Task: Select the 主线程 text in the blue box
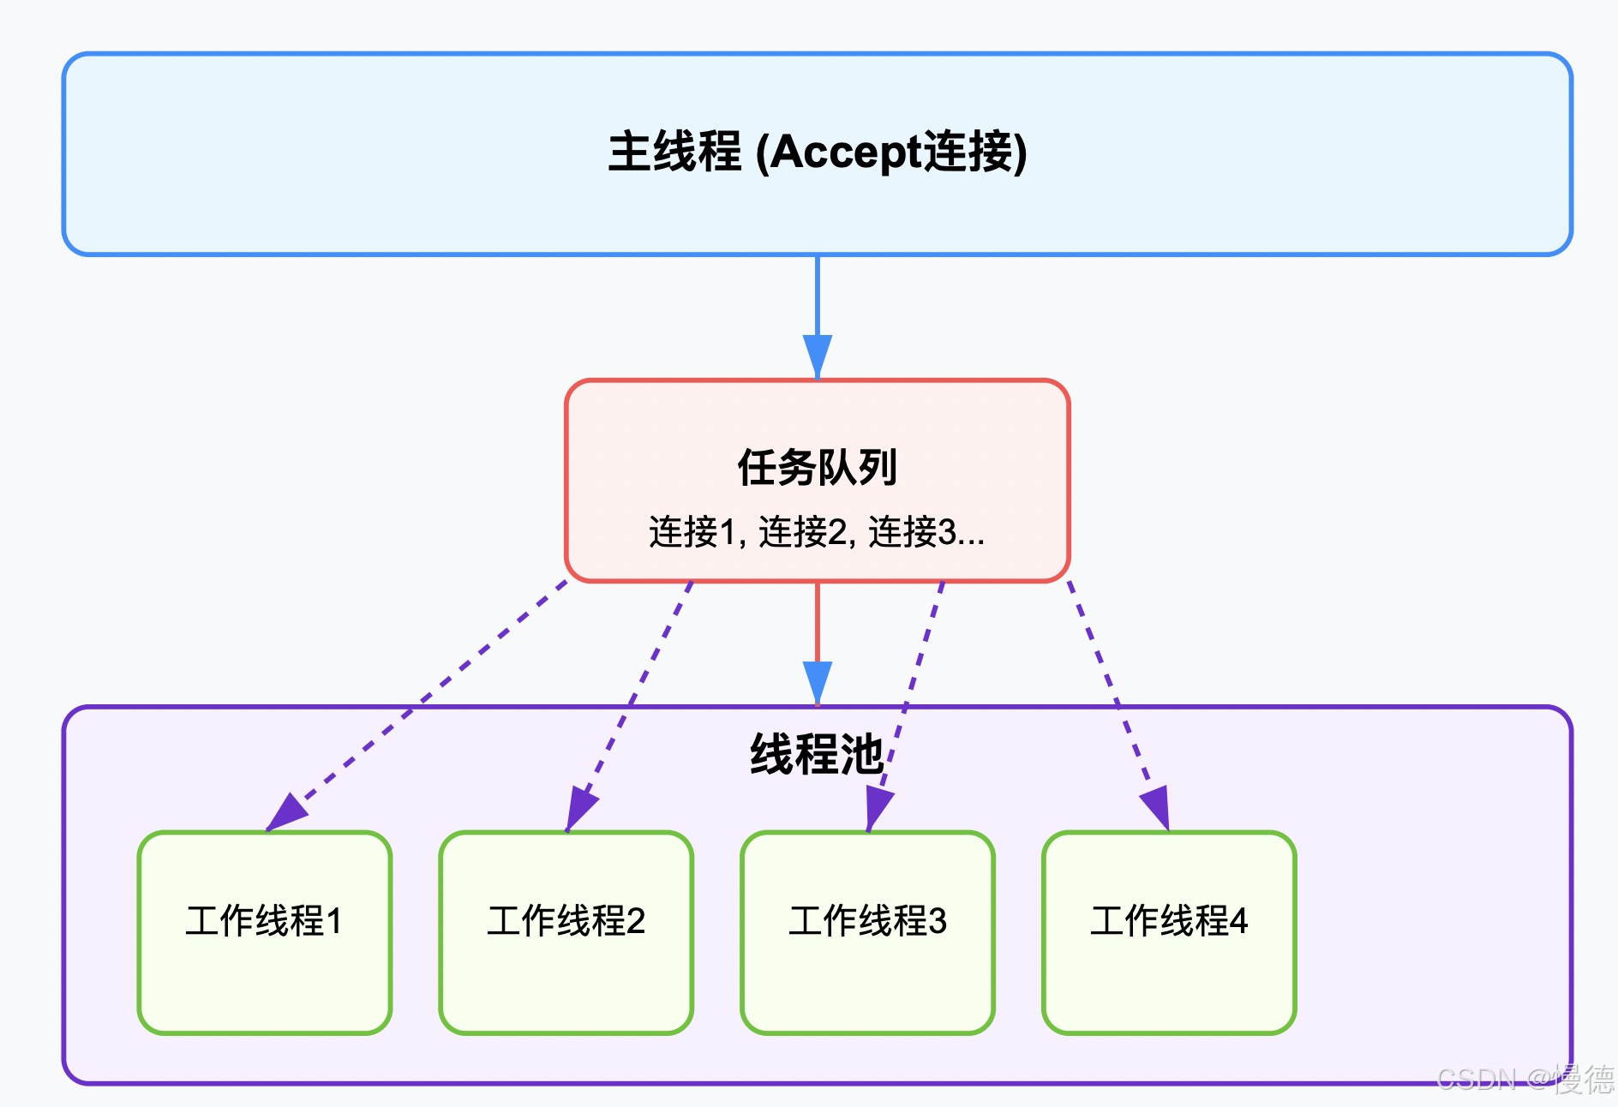coord(674,153)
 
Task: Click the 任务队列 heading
coord(817,468)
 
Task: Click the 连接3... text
coord(926,532)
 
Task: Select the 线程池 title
coord(816,754)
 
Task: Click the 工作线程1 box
coord(265,932)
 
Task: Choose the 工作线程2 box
coord(566,932)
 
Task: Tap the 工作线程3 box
coord(867,932)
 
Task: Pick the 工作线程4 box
coord(1169,932)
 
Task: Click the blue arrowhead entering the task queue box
coord(817,354)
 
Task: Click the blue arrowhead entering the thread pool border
coord(817,681)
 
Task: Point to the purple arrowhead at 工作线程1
coord(285,812)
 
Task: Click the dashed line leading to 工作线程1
coord(428,694)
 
